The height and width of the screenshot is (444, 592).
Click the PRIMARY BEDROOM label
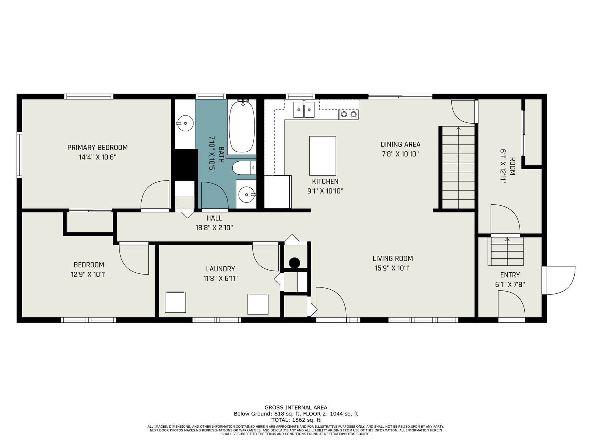[x=97, y=148]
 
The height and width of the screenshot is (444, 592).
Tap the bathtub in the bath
[x=242, y=127]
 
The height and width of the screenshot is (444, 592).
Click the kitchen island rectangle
[x=323, y=156]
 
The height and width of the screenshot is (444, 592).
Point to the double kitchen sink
[x=304, y=110]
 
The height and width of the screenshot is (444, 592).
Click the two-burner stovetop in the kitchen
[x=349, y=114]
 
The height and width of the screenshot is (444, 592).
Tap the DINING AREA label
[x=400, y=145]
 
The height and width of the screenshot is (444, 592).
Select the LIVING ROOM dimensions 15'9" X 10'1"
[x=393, y=268]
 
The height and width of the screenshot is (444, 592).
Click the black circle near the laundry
[x=295, y=263]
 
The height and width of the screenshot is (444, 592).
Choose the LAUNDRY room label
[x=221, y=269]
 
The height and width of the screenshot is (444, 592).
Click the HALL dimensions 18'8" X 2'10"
[x=214, y=228]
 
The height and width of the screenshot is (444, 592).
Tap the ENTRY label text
[x=510, y=275]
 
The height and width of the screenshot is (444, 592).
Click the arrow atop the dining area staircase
[x=458, y=129]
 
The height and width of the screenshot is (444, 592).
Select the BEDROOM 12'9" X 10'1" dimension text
[x=89, y=275]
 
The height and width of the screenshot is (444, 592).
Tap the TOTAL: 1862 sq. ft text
[x=296, y=420]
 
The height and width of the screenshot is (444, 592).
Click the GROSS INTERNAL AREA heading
[x=296, y=408]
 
